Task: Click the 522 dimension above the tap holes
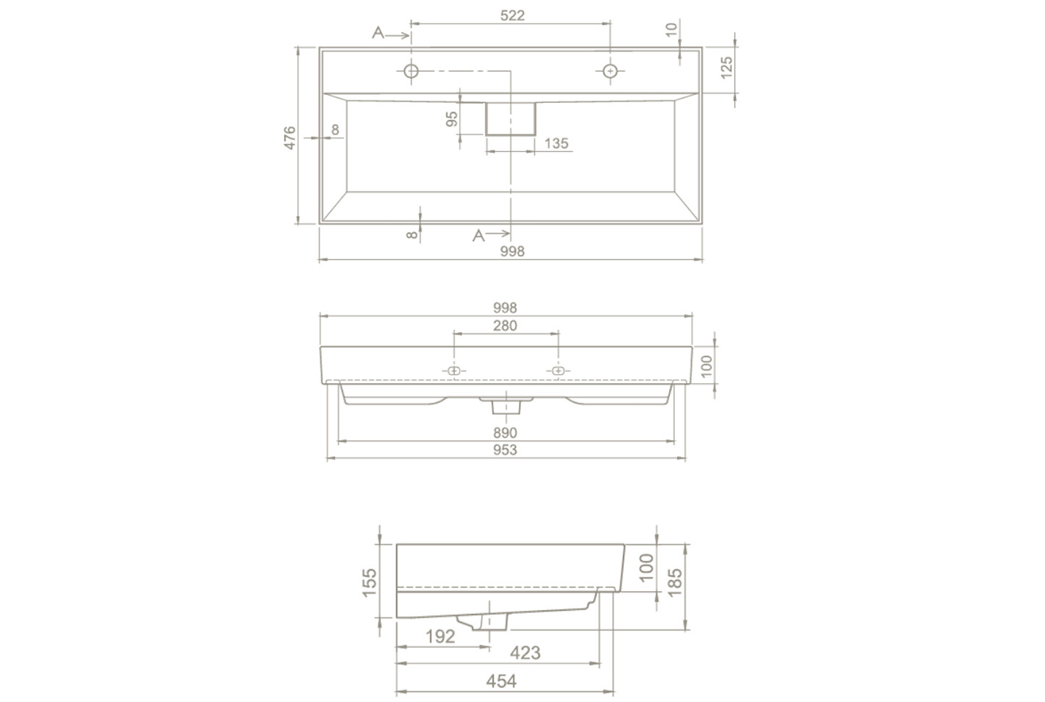pos(512,16)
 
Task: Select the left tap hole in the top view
pos(411,72)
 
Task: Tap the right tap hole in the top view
pos(610,72)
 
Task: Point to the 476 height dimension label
pos(290,138)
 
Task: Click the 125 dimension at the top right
pos(726,68)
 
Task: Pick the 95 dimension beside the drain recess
pos(452,119)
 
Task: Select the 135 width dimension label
pos(556,143)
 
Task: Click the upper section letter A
pos(378,33)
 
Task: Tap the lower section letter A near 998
pos(479,236)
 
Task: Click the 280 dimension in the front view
pos(505,325)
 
